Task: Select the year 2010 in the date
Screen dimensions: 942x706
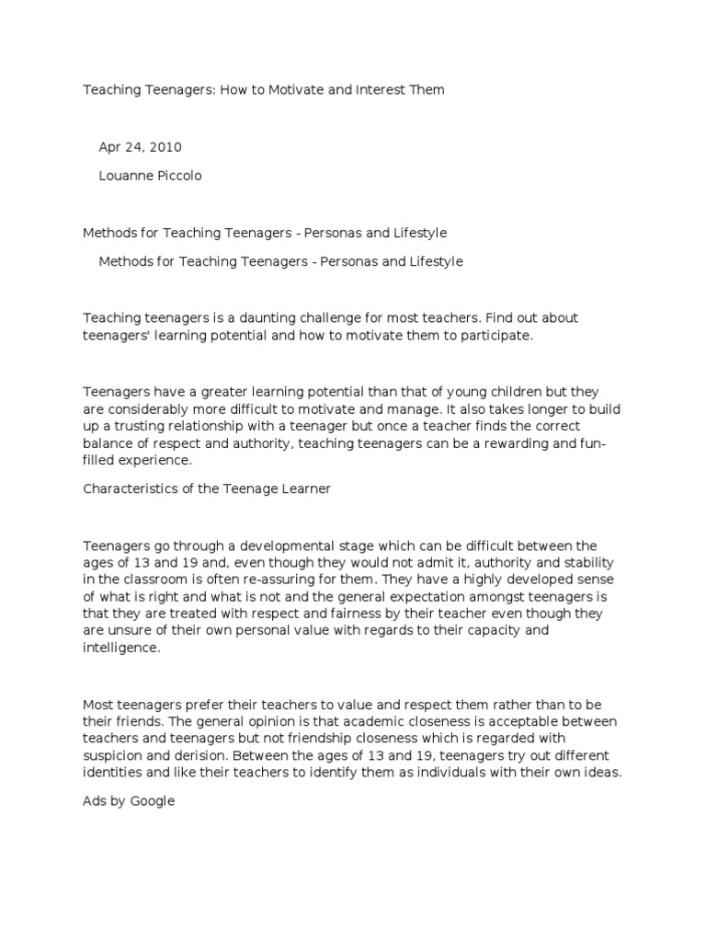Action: (165, 147)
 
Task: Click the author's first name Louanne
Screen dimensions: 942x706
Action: (125, 176)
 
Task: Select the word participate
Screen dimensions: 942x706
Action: (495, 336)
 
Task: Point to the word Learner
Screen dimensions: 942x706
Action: (307, 489)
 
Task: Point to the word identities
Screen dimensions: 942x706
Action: (113, 774)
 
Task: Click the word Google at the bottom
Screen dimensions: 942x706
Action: (152, 801)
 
